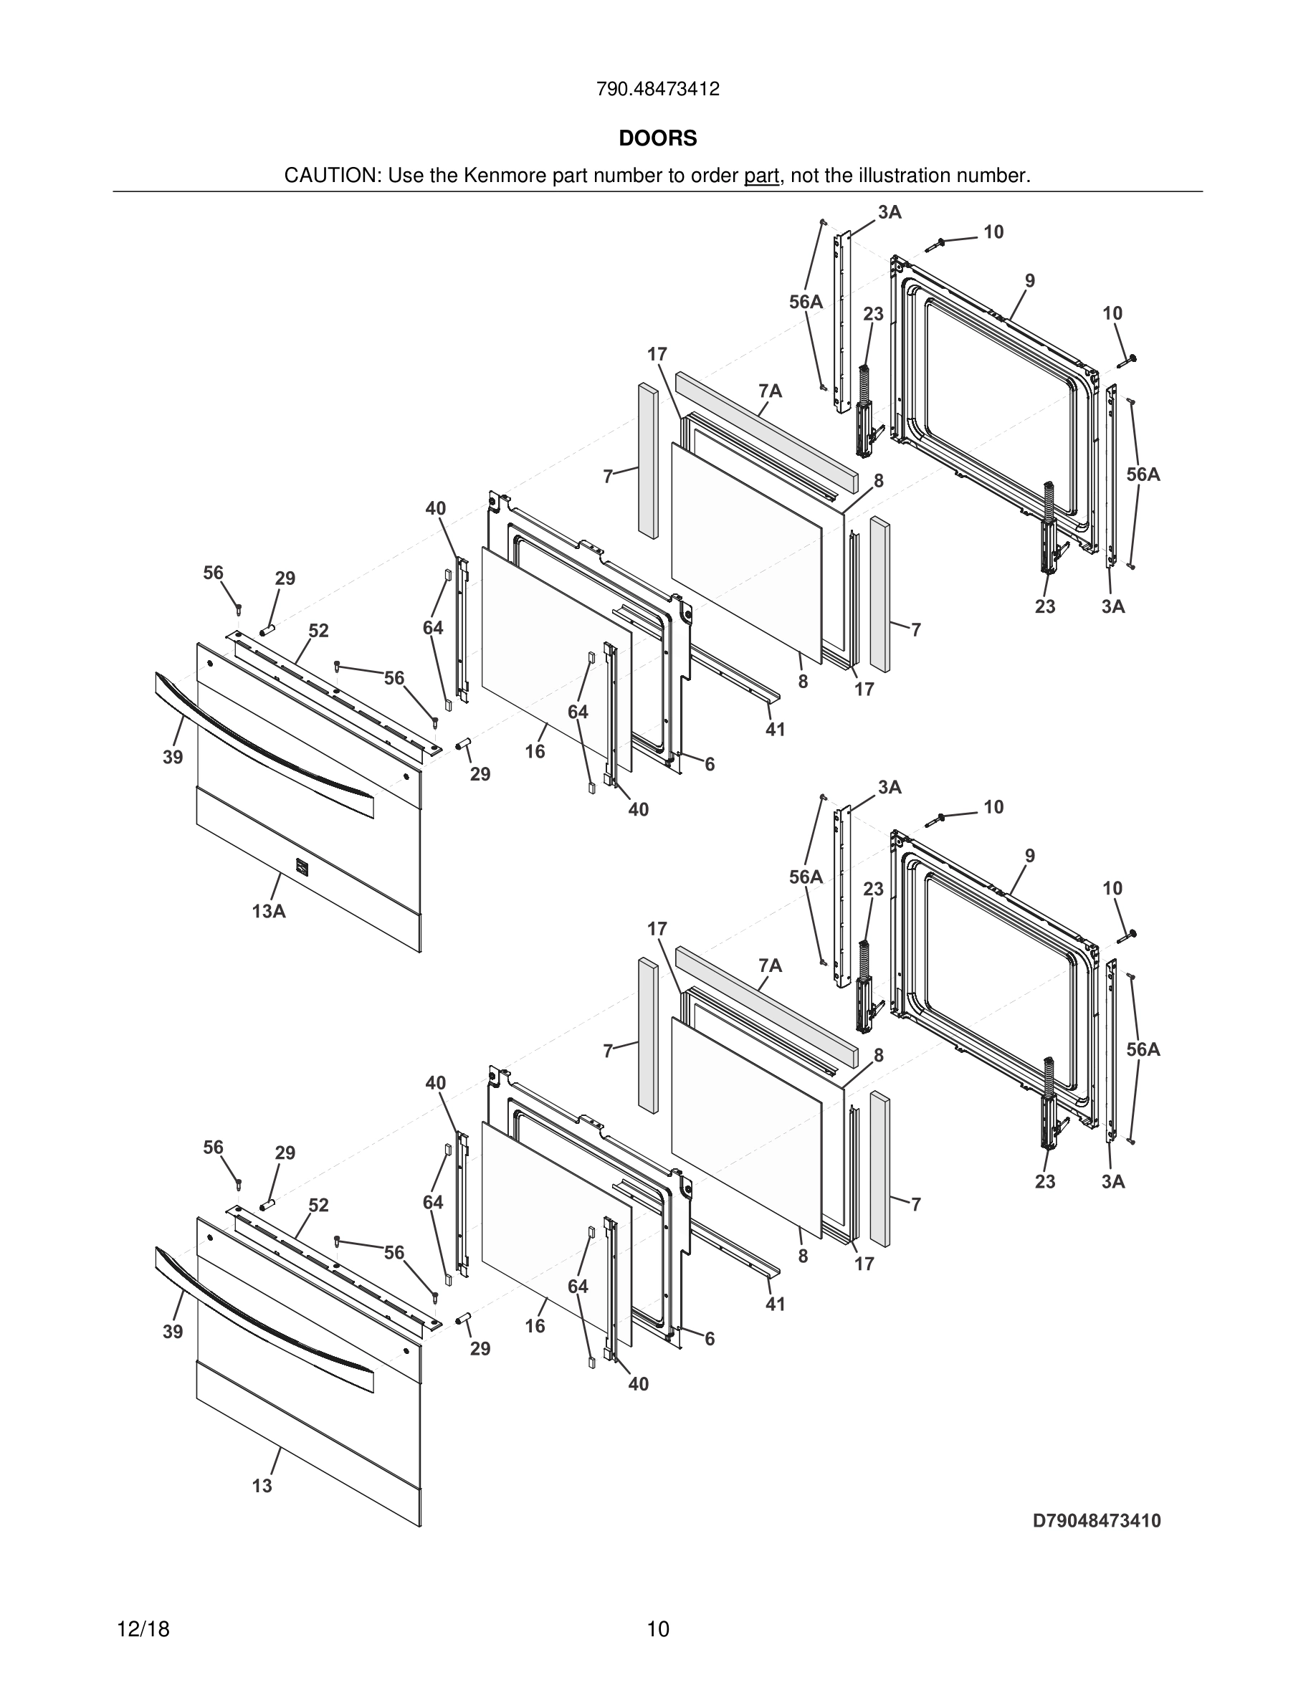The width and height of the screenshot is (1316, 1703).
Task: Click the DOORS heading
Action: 657,139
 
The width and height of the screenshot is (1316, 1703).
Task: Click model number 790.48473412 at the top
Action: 657,90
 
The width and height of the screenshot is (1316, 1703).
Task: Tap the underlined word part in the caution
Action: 761,176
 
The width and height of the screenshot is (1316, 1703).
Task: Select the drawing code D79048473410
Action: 1096,1520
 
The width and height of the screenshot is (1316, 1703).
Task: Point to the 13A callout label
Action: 269,911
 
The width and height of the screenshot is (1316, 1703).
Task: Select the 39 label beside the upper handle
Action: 173,756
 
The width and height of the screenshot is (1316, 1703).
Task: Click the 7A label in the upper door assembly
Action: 771,391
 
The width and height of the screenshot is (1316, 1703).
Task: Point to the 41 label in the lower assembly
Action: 775,1304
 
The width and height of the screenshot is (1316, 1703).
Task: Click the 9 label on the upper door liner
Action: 1030,281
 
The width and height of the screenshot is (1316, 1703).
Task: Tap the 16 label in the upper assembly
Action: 535,752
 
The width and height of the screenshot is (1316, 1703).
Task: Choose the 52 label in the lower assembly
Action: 318,1206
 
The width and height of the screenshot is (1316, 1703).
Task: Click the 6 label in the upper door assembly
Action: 710,765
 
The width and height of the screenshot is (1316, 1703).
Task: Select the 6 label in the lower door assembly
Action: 710,1339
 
